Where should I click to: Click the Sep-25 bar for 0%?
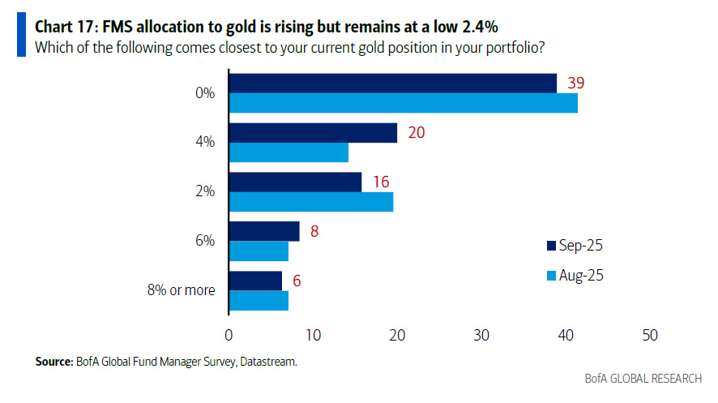tap(393, 83)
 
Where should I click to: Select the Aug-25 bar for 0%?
tap(404, 102)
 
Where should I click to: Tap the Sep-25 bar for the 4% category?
tap(313, 132)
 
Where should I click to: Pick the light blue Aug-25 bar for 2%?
tap(311, 202)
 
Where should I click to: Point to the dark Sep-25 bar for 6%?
tap(264, 231)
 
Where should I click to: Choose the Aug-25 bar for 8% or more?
tap(259, 300)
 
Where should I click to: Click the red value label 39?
tap(577, 82)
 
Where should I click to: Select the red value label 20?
tap(417, 132)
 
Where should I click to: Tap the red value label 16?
tap(381, 182)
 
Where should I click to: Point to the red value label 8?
tap(315, 231)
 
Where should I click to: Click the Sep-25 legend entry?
tap(575, 245)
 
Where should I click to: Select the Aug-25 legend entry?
tap(575, 276)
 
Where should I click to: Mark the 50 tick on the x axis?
tap(648, 334)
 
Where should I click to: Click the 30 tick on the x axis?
tap(481, 334)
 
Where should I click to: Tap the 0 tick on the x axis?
tap(229, 334)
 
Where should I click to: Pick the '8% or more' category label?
tap(182, 289)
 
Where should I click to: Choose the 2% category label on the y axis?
tap(205, 191)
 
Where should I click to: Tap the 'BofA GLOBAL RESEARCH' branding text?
tap(644, 379)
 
